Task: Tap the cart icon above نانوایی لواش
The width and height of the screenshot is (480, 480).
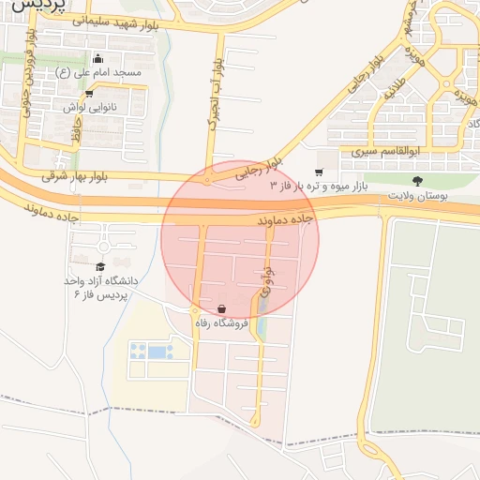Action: [88, 94]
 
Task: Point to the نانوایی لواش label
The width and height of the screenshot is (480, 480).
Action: [89, 108]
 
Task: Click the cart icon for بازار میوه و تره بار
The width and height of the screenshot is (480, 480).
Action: [319, 172]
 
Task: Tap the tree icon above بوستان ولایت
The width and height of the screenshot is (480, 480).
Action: [417, 181]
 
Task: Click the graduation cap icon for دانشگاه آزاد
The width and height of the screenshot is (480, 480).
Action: [100, 266]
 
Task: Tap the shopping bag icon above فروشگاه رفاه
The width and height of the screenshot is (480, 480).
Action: [221, 308]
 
